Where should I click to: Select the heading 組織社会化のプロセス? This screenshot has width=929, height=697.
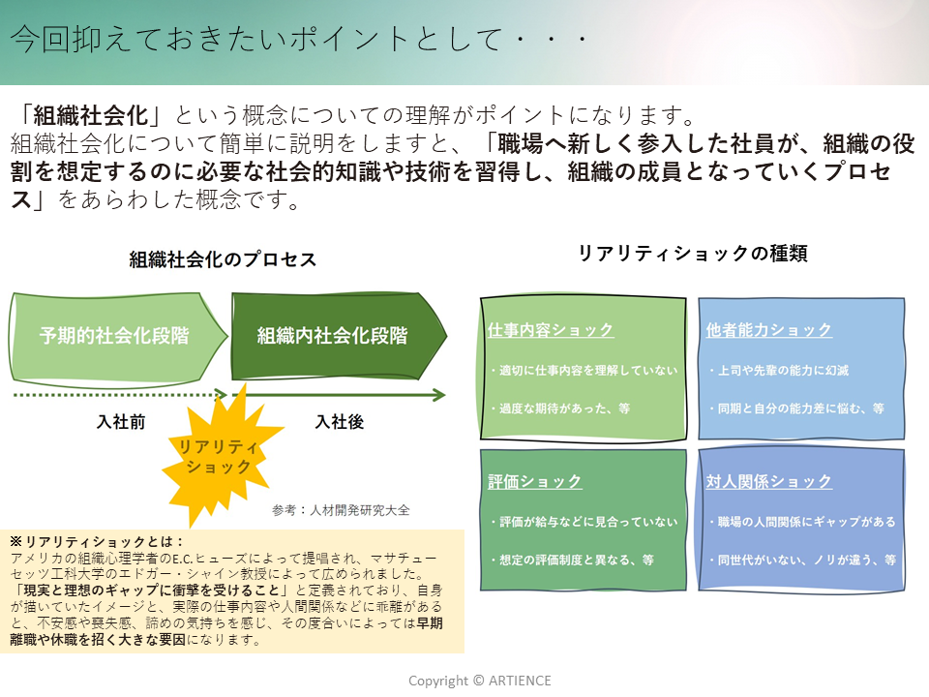tap(224, 260)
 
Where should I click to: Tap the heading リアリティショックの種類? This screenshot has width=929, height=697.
tap(693, 254)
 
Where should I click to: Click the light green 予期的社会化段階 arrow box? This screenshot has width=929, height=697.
tap(114, 336)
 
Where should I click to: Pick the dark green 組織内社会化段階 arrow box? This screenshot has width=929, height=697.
tap(333, 336)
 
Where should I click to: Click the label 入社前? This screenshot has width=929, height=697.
tap(122, 422)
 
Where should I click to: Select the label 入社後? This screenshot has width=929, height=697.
tap(340, 422)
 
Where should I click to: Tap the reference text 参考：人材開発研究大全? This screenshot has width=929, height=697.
tap(342, 510)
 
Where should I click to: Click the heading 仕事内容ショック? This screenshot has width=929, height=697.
tap(551, 330)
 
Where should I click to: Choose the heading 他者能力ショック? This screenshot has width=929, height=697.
tap(769, 330)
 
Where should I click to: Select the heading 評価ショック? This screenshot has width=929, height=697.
tap(535, 481)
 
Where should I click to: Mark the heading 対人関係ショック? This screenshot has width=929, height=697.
tap(769, 481)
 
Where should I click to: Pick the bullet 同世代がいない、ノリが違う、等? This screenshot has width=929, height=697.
tap(802, 560)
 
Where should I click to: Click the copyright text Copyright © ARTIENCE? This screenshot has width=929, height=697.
tap(480, 681)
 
